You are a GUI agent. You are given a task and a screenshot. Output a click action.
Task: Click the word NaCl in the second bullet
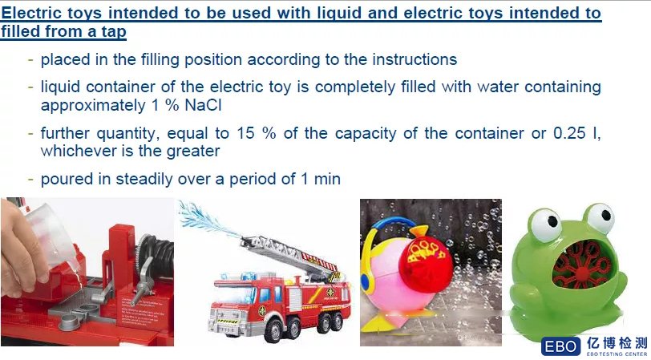coord(203,106)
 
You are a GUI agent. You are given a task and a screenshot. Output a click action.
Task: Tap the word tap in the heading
coord(112,32)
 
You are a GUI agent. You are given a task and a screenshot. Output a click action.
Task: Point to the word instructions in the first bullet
coord(414,59)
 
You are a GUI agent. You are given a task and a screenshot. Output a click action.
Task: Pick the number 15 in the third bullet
coord(245,133)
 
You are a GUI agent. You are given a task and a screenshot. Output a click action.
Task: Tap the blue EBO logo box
coord(560,346)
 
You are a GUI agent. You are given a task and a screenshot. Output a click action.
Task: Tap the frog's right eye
coord(600,217)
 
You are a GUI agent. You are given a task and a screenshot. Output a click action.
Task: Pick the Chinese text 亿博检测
coord(617,343)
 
